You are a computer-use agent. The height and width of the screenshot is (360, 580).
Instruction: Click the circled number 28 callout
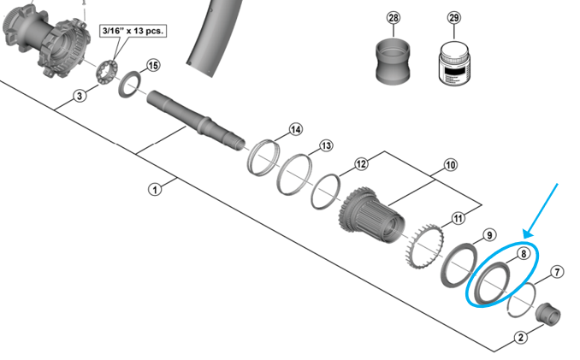click(393, 18)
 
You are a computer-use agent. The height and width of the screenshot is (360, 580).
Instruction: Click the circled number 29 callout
click(453, 18)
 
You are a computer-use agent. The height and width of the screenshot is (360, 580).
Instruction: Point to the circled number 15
click(153, 66)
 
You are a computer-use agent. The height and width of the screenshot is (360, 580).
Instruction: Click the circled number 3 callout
click(80, 96)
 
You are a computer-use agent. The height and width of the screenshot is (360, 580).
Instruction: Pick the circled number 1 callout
click(155, 189)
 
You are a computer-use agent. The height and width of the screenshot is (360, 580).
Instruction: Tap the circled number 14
click(295, 130)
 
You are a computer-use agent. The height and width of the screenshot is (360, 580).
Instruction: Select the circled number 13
click(326, 146)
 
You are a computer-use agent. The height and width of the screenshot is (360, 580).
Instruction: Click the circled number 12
click(361, 162)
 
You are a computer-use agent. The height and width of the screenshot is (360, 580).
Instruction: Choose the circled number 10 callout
click(450, 164)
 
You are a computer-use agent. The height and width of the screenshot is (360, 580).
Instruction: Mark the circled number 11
click(459, 218)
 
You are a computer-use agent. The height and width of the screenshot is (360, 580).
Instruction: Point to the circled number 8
click(522, 254)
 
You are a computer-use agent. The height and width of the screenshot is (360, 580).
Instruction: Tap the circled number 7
click(557, 273)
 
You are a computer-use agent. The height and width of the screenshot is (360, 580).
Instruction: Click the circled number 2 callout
click(520, 337)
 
